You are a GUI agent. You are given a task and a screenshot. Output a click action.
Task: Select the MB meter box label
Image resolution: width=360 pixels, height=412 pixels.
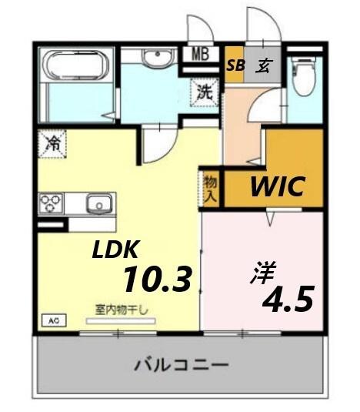(x=200, y=55)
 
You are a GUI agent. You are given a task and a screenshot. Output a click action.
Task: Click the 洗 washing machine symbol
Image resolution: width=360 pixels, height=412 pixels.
(x=204, y=92)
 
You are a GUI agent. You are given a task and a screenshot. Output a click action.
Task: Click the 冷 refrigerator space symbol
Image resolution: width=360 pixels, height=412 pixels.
(x=53, y=142)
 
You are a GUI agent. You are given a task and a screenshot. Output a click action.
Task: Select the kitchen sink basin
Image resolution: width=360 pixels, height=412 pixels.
(x=99, y=204)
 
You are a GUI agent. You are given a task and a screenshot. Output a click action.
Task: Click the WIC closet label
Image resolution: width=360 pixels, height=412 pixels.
(x=276, y=186)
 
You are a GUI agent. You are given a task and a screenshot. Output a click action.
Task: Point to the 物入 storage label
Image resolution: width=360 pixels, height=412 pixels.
(x=210, y=187)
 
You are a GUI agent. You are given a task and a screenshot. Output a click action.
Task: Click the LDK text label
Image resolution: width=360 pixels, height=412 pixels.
(x=115, y=250)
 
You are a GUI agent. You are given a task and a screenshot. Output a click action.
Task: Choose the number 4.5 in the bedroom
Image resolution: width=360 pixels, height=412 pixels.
(x=288, y=299)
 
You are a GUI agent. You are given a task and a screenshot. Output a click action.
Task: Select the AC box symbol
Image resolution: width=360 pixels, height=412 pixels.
(x=54, y=320)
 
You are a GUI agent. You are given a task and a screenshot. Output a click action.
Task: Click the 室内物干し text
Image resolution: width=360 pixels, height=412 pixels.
(x=122, y=309)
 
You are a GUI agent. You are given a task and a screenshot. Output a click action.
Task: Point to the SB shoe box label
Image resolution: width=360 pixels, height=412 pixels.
(x=235, y=65)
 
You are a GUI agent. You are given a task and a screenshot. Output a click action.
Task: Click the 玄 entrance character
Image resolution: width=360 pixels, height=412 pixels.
(x=262, y=65)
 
